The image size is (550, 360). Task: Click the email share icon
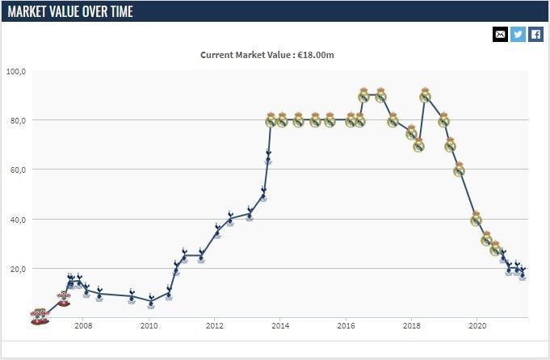tap(500, 34)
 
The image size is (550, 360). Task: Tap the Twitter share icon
tap(518, 34)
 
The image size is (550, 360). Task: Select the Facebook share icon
tap(535, 34)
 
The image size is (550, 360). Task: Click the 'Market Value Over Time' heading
tap(71, 11)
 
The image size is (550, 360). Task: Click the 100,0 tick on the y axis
tap(16, 71)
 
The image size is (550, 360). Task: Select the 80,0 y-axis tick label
tap(17, 120)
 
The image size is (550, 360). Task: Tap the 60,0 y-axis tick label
tap(17, 170)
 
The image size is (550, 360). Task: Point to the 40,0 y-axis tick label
tap(17, 220)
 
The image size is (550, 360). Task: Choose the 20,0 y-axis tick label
tap(17, 269)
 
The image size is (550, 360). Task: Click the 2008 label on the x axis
tap(83, 326)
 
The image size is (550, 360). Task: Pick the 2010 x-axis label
tap(149, 326)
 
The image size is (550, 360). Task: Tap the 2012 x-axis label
tap(215, 326)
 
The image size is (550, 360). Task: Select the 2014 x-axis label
tap(280, 326)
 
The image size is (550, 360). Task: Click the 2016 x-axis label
tap(346, 326)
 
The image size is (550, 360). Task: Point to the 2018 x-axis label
tap(412, 326)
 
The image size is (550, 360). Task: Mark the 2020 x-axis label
tap(477, 326)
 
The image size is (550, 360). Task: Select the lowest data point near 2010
tap(151, 303)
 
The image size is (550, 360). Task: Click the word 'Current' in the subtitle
tap(217, 55)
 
